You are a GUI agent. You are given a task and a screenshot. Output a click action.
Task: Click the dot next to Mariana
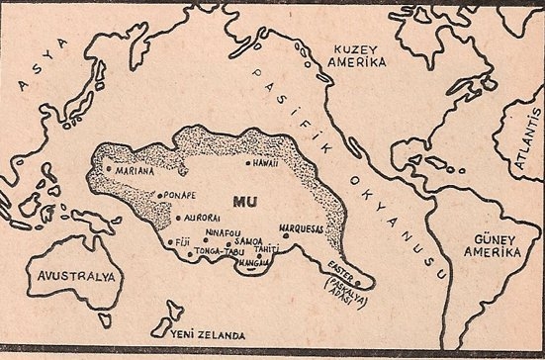coord(108,171)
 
